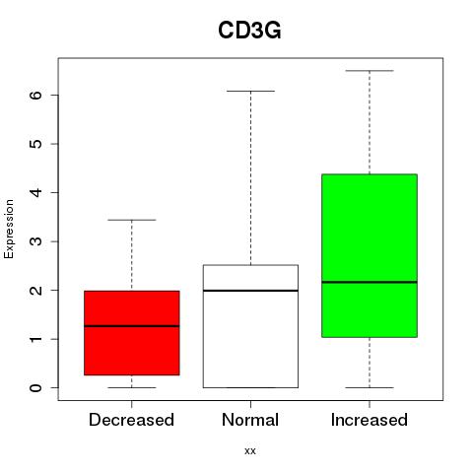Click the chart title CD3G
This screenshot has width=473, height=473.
pos(249,31)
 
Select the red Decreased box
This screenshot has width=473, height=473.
pos(132,333)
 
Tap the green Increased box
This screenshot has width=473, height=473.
pos(370,255)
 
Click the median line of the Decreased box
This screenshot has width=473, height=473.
pos(132,326)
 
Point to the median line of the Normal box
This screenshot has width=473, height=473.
pos(250,291)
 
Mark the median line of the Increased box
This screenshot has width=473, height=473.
pos(370,282)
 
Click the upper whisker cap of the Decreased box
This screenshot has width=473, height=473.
pos(132,220)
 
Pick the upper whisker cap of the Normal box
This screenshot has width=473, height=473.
pos(250,91)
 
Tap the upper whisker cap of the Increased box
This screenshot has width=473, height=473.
pos(370,71)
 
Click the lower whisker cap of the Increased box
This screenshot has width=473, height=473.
pos(370,387)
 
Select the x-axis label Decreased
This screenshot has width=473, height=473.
pos(131,420)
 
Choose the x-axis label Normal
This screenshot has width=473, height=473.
pos(250,420)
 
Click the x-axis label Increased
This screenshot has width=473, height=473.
pos(370,420)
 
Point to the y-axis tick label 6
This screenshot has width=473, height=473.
pos(36,95)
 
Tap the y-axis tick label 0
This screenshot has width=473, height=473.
pos(36,387)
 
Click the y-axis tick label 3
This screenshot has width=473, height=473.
pos(36,241)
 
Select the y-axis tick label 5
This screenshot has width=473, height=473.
pos(36,144)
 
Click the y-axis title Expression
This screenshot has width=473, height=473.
pos(9,229)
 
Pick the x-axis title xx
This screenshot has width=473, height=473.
pos(250,451)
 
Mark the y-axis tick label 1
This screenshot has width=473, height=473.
pos(36,339)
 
